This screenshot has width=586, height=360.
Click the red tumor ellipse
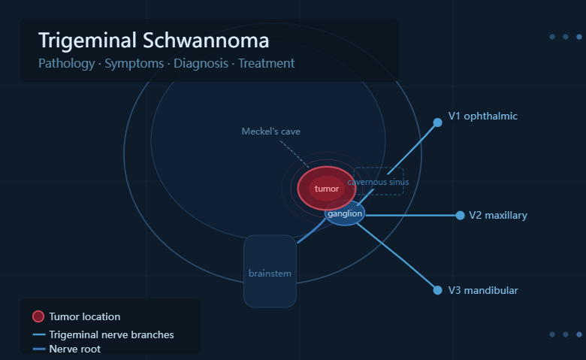pos(327,189)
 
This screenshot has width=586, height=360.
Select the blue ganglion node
pos(345,213)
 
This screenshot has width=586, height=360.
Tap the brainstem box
pos(270,271)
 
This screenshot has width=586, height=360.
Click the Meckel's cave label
pos(271,132)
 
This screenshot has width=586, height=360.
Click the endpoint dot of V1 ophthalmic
pos(438,123)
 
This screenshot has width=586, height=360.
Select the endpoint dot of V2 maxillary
pos(460,216)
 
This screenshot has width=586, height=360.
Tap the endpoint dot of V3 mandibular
pos(438,290)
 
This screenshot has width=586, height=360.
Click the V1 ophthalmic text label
pos(483,116)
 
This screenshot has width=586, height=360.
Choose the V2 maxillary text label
pos(498,216)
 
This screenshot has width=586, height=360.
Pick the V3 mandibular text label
pos(483,290)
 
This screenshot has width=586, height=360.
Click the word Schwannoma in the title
pos(206,41)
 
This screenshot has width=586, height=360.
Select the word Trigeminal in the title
pos(87,41)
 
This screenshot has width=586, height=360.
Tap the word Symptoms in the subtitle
pos(134,64)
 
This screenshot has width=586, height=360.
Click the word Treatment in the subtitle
pos(266,63)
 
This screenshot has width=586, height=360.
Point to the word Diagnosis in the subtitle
pos(201,64)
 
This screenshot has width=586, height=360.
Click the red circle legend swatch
pos(38,316)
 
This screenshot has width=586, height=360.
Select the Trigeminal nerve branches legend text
pos(111,334)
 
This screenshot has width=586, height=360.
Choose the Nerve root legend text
pos(74,349)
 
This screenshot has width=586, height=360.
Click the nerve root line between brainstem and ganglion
pos(311,231)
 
